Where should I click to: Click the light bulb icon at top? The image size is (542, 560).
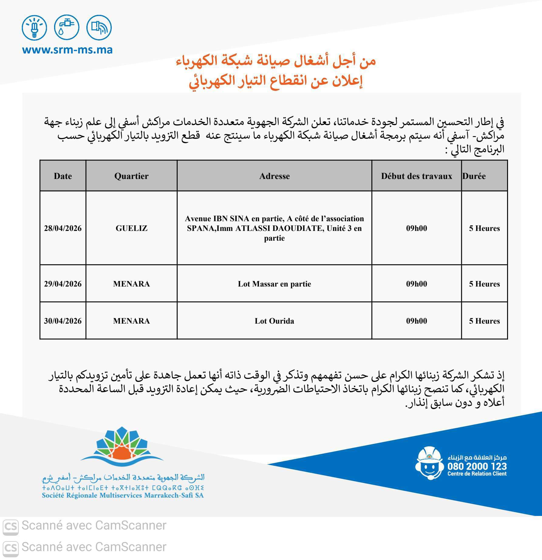tap(34, 27)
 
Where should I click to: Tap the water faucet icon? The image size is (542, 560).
tap(66, 27)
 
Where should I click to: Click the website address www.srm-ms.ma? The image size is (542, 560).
tap(67, 50)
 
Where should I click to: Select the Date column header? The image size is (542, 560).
tap(63, 176)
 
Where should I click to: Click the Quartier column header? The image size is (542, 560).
tap(131, 176)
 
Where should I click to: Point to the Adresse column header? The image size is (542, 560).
tap(274, 176)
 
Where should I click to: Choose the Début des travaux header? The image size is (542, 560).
tap(417, 176)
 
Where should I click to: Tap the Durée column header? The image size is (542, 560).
tap(474, 176)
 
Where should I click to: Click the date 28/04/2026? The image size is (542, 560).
tap(63, 228)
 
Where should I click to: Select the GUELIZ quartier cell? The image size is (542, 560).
tap(131, 228)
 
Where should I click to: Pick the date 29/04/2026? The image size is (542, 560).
tap(63, 284)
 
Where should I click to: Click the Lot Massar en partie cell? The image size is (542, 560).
tap(274, 284)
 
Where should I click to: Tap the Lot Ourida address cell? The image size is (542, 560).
tap(274, 321)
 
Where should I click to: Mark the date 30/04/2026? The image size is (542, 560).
tap(63, 321)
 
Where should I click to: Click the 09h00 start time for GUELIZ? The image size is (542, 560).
tap(417, 228)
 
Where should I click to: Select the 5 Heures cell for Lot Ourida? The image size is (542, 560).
tap(484, 321)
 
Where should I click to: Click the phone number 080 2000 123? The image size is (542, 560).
tap(477, 466)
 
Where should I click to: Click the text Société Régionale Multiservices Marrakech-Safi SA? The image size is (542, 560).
tap(123, 496)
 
